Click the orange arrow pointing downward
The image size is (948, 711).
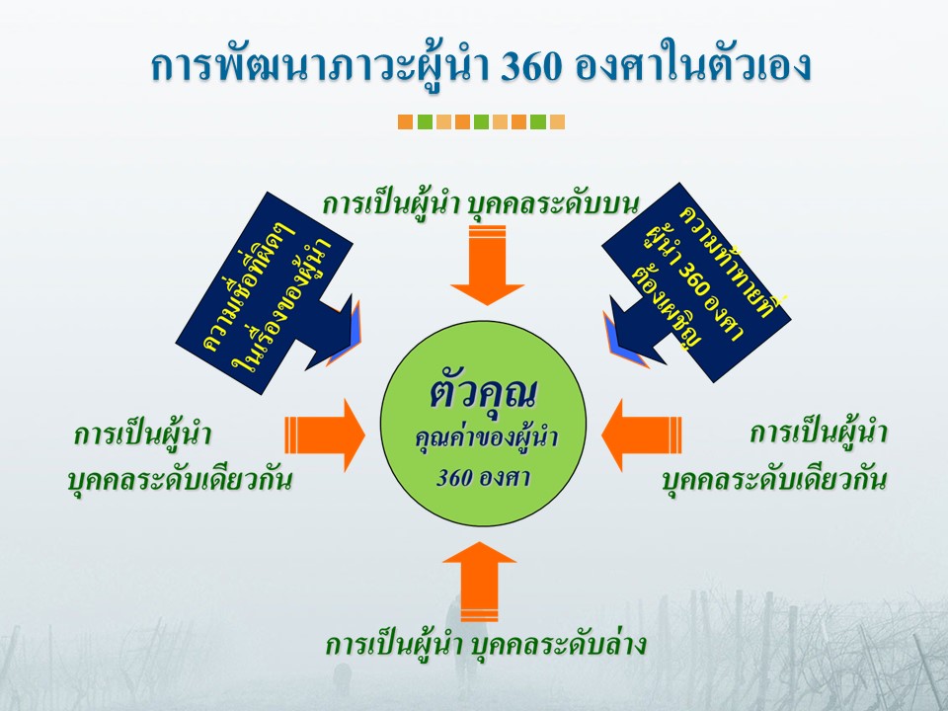(x=487, y=267)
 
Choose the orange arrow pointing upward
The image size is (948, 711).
(x=480, y=583)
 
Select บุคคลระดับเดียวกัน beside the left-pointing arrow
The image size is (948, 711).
(x=774, y=480)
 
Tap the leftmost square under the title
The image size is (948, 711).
(x=405, y=122)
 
